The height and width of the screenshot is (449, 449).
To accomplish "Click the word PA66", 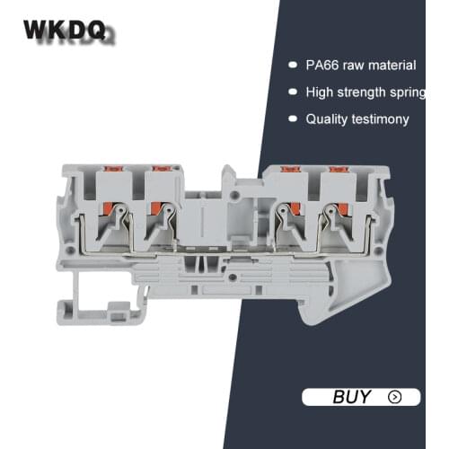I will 322,65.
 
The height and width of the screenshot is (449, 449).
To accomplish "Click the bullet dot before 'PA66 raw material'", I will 292,65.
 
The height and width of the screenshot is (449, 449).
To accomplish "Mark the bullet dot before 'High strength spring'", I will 292,92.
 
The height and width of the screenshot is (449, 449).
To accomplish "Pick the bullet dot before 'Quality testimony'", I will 292,119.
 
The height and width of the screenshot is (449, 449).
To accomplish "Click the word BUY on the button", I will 351,396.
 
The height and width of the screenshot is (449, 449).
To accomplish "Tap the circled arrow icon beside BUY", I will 393,396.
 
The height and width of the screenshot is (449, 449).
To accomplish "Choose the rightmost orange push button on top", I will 337,167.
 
